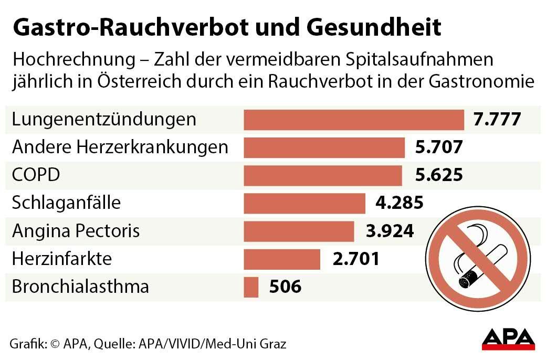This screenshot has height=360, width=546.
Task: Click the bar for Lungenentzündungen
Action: [354, 120]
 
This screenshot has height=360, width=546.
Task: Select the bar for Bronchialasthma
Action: [251, 287]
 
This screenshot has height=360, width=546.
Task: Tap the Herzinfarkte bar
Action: [282, 259]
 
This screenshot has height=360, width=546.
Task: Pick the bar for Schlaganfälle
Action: [304, 203]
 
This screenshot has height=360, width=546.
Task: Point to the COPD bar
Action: [323, 175]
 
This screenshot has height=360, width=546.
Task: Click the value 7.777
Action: [497, 119]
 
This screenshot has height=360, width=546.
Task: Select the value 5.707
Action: [438, 147]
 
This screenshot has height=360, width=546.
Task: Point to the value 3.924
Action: [390, 231]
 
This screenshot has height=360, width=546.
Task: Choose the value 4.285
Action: [400, 203]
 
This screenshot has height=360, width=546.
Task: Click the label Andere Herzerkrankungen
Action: [120, 147]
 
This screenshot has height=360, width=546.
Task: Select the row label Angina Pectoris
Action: [76, 231]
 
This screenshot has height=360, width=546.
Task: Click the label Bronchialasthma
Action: [80, 287]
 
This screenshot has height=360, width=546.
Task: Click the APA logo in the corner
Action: [508, 338]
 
